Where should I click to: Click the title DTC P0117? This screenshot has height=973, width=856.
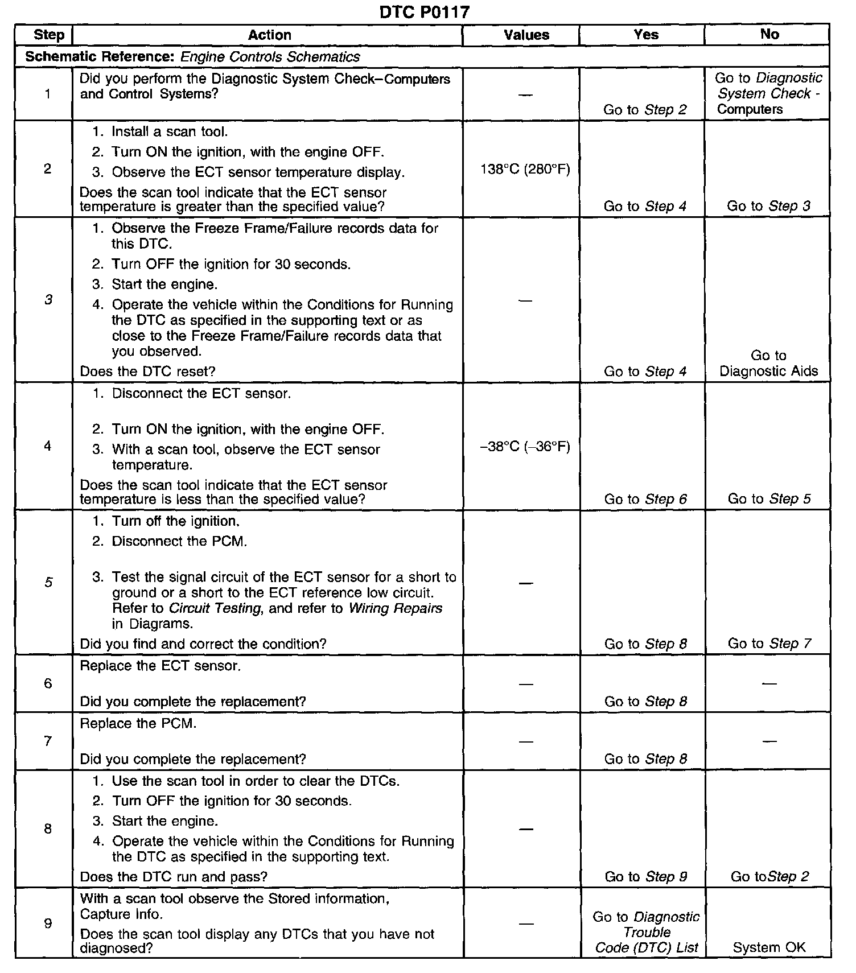pos(425,12)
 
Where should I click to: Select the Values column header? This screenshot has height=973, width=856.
pos(526,35)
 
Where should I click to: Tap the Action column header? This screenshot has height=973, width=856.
pos(269,35)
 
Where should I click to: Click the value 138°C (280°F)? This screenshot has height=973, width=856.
pos(525,170)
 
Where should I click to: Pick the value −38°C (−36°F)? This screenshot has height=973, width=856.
pos(525,447)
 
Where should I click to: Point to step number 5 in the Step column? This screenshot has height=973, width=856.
pos(48,582)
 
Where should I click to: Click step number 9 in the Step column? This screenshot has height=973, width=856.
pos(48,923)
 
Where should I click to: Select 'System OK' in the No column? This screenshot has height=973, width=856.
pos(769,947)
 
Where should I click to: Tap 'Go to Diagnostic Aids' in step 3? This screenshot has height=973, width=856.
pos(768,364)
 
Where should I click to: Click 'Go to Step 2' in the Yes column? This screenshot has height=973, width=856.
pos(645,110)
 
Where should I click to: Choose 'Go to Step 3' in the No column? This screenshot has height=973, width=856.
pos(768,206)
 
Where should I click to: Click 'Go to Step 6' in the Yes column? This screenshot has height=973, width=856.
pos(645,499)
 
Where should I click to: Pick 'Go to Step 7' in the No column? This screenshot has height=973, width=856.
pos(769,644)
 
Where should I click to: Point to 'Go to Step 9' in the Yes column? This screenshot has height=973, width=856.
pos(645,877)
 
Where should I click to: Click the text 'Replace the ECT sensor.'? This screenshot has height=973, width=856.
pos(160,666)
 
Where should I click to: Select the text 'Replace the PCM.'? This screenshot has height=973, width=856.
pos(138,724)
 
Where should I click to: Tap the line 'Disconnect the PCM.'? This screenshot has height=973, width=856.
pos(179,541)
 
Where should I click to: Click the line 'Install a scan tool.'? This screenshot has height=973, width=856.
pos(170,132)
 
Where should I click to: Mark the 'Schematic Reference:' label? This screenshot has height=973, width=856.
pos(101,57)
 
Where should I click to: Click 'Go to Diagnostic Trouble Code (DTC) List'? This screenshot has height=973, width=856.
pos(646,932)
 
